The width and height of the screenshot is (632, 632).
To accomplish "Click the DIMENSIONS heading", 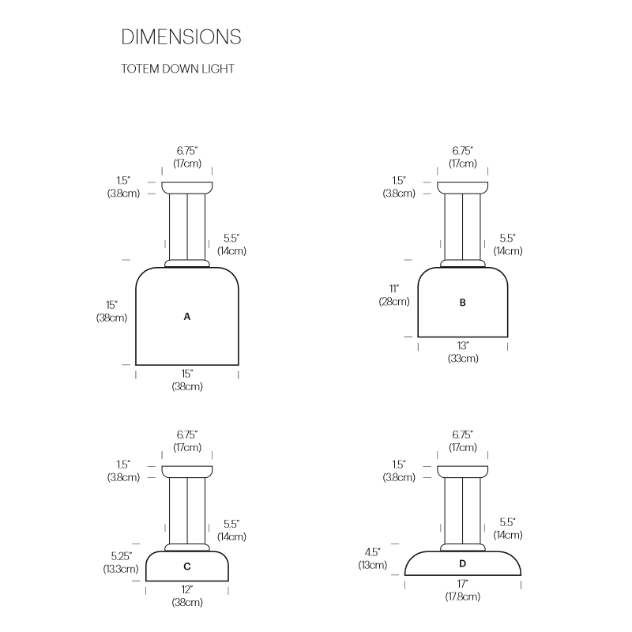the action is coord(181,36).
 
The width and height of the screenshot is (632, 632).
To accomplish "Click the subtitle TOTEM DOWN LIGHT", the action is coord(177,69).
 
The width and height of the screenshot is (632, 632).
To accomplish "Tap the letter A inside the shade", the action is coord(187,317).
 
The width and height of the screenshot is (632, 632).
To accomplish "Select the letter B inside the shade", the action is coord(462,303).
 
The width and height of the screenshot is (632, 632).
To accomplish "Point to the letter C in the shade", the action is coord(187,566).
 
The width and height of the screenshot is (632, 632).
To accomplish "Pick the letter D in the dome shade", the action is coord(462,563).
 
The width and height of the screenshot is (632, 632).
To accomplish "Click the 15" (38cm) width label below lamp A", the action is coord(187,380).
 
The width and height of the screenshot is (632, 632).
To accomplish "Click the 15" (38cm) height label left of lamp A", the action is coord(111,311).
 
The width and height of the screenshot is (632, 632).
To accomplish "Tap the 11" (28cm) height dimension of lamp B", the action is coord(393,295).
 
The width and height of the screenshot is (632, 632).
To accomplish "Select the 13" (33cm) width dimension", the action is coord(463,352).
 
